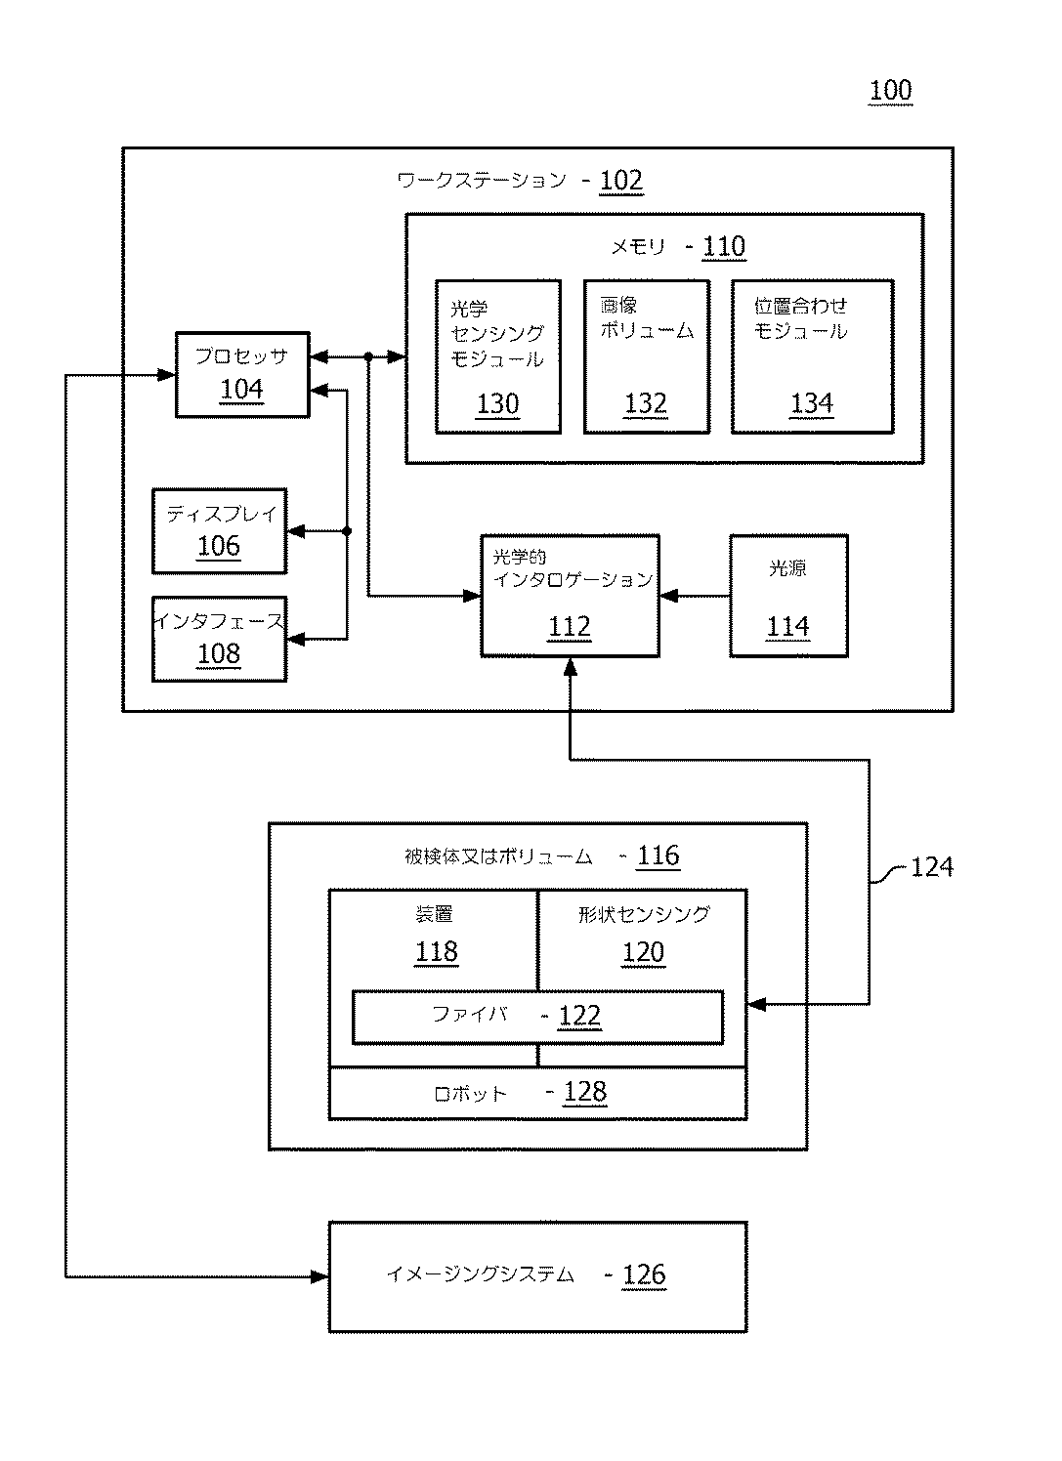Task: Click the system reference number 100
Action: click(x=890, y=91)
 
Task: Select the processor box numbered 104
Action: click(x=242, y=374)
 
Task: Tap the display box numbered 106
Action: click(x=219, y=531)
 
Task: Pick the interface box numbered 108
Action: click(x=219, y=639)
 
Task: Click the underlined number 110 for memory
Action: click(x=723, y=247)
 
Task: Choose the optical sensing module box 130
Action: click(x=498, y=356)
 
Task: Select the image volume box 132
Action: click(x=647, y=356)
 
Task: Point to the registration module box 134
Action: click(x=812, y=356)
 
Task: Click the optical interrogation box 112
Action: click(x=571, y=596)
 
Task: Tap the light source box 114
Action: click(x=788, y=596)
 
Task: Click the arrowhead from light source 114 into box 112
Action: click(x=668, y=596)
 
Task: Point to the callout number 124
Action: click(x=931, y=867)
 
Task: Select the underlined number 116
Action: click(x=658, y=856)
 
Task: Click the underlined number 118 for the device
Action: click(x=437, y=951)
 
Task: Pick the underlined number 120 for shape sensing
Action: click(x=643, y=952)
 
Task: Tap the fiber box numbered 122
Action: click(x=538, y=1018)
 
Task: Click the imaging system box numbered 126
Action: click(x=538, y=1276)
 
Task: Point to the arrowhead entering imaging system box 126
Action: click(x=320, y=1276)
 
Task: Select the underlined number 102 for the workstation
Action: click(x=621, y=181)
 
